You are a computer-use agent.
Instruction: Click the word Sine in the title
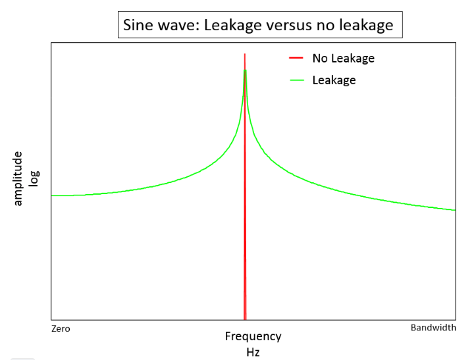(137, 26)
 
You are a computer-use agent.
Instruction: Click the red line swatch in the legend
(296, 59)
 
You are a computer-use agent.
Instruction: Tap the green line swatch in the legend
(296, 80)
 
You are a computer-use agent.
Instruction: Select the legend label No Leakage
(343, 59)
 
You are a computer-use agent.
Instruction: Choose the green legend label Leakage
(334, 80)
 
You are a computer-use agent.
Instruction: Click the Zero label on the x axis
(61, 328)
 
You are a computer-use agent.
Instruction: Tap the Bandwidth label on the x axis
(433, 328)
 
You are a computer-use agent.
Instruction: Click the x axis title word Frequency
(253, 336)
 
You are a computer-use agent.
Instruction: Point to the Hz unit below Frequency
(253, 352)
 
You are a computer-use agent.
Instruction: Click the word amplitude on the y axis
(18, 178)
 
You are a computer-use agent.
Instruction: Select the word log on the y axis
(34, 178)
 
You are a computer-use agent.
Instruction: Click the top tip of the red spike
(245, 55)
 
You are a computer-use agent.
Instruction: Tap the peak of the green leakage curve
(245, 70)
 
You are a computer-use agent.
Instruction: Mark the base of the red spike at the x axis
(245, 319)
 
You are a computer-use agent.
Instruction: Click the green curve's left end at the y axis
(52, 195)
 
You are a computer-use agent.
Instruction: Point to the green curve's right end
(455, 210)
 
